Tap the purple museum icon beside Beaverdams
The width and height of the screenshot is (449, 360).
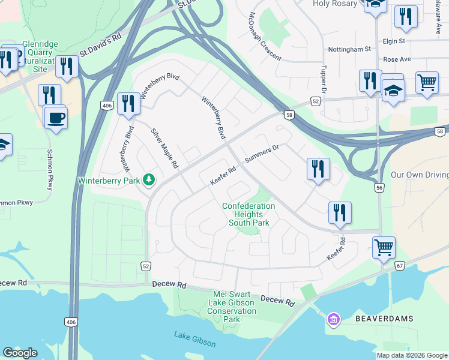[333, 320]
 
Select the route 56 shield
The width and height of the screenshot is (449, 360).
[379, 188]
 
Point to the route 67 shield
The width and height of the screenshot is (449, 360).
[400, 265]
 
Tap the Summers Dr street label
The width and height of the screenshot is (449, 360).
[262, 155]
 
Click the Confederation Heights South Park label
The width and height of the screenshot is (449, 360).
[249, 214]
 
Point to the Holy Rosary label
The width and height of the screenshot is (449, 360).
[335, 4]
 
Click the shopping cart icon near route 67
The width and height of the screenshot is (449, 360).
[384, 247]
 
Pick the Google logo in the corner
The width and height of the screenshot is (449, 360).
[20, 353]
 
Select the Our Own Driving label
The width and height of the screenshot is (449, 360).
[419, 175]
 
